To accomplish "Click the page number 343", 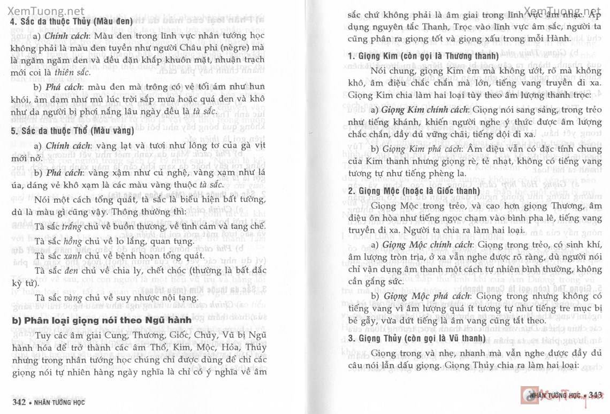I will point(595,395).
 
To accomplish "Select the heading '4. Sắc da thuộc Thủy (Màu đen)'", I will point(71,22).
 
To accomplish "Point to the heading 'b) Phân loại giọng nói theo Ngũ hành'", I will point(102,320).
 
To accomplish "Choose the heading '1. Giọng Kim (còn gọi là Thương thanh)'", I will point(423,56).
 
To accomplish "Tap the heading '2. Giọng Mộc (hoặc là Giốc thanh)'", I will point(414,191).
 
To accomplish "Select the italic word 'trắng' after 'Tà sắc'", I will point(74,227).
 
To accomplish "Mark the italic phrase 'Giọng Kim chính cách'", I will point(424,110).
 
